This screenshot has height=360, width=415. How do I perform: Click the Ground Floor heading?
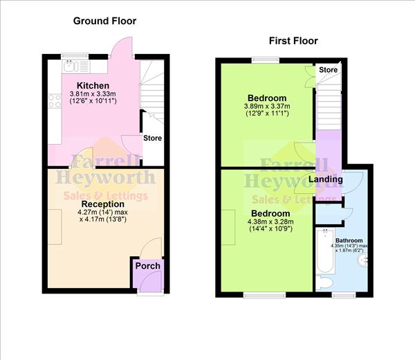pyautogui.click(x=104, y=21)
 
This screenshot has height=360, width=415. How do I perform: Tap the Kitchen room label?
pyautogui.click(x=93, y=85)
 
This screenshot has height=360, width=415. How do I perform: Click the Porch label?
pyautogui.click(x=147, y=266)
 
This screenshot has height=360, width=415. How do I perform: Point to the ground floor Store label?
pyautogui.click(x=153, y=138)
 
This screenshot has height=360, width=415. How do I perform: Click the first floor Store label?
pyautogui.click(x=329, y=70)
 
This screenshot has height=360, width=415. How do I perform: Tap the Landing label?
pyautogui.click(x=325, y=179)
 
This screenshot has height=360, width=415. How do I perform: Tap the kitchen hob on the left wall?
pyautogui.click(x=55, y=101)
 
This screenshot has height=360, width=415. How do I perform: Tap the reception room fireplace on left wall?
pyautogui.click(x=53, y=227)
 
